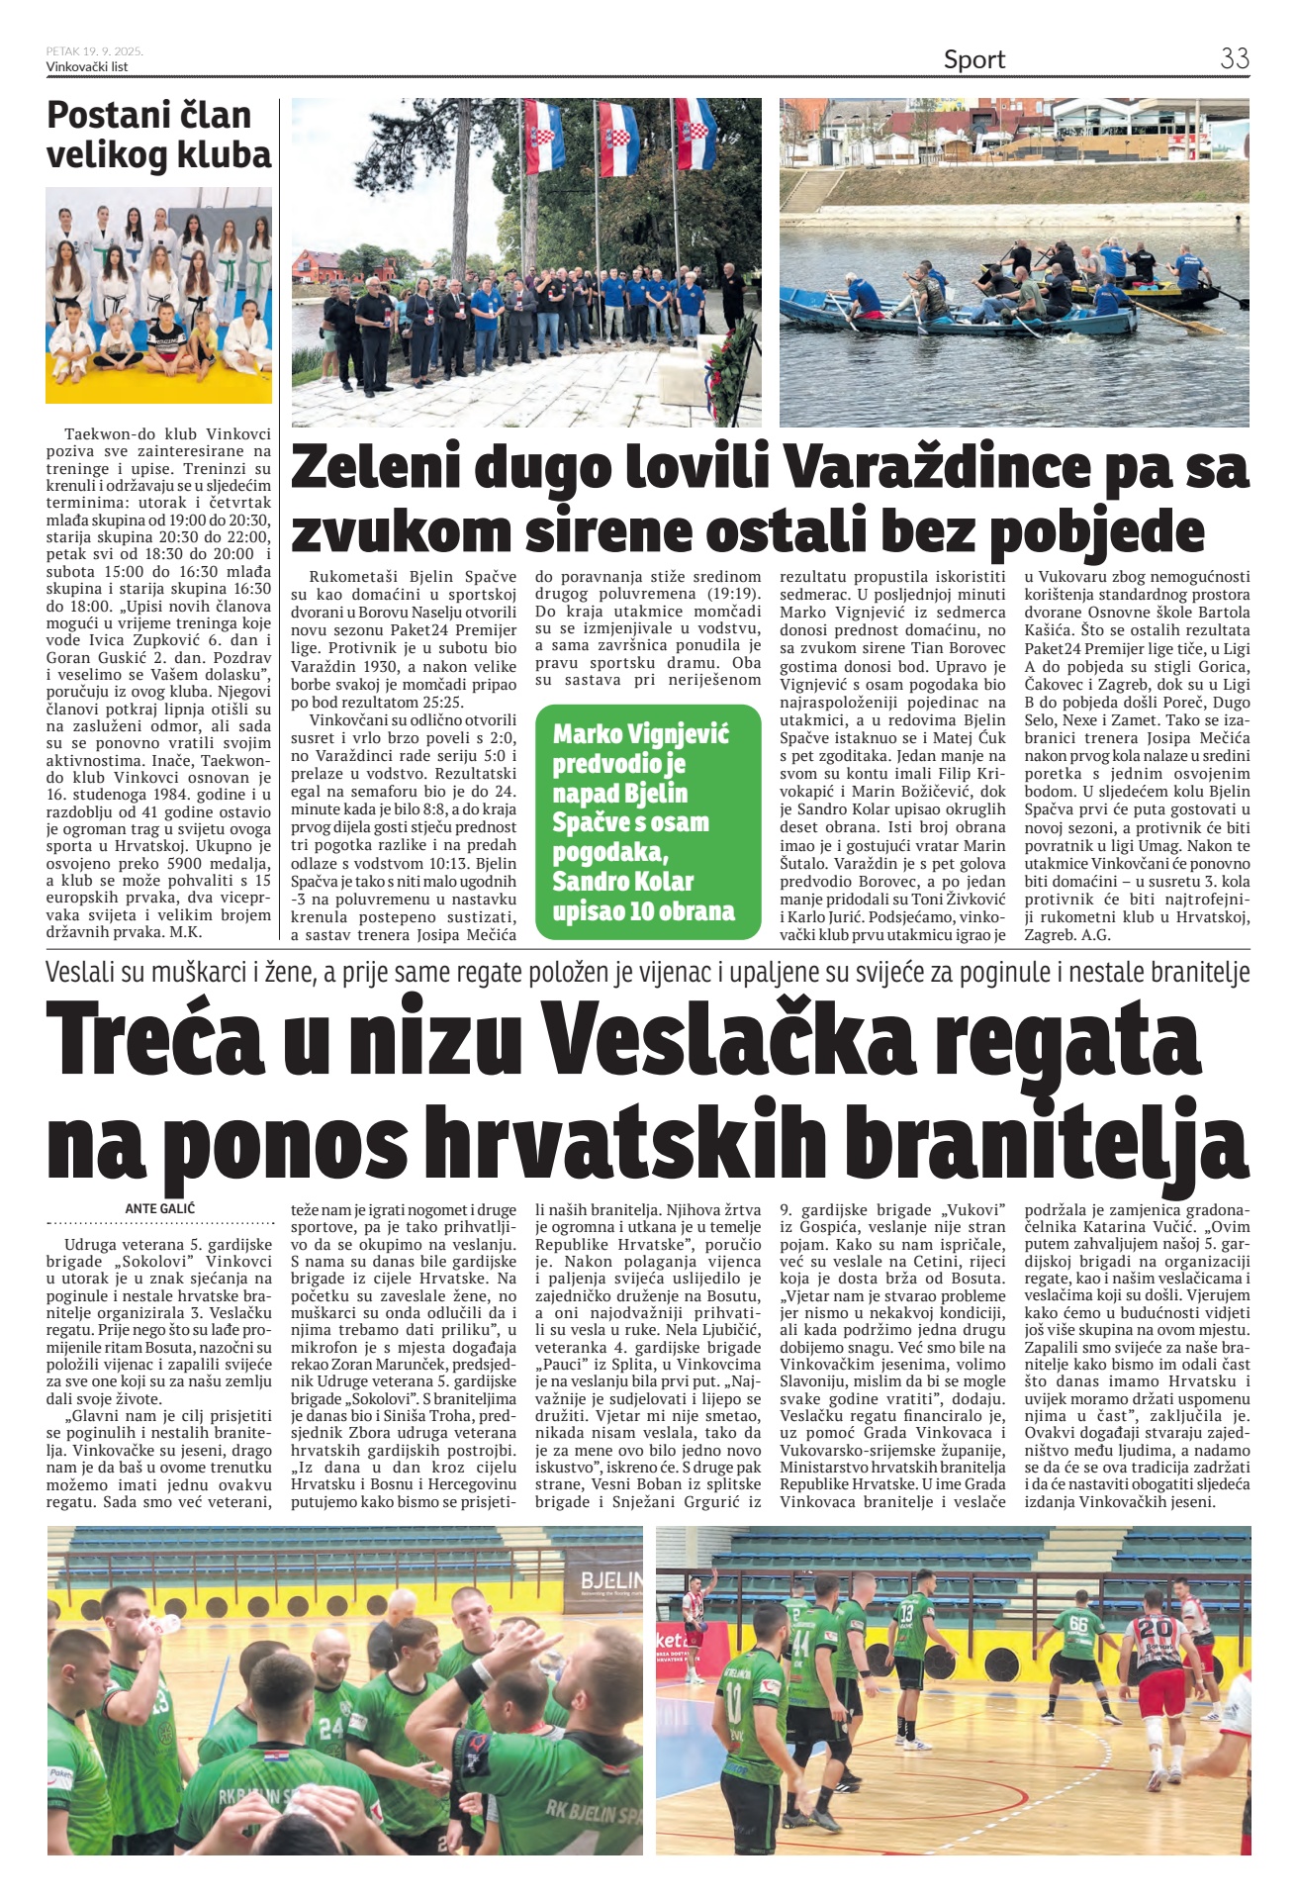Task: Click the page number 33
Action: pos(1234,58)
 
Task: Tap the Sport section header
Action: pos(973,60)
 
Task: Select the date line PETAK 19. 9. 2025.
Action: pos(95,51)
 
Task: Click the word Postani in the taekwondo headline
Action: pos(107,116)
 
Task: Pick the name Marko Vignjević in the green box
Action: pos(640,734)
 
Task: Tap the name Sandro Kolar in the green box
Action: pos(622,881)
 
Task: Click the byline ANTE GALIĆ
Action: pos(159,1208)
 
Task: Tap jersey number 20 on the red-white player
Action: pos(1154,1628)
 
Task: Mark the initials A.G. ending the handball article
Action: pos(1096,934)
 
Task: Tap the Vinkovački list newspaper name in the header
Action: pos(87,66)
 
